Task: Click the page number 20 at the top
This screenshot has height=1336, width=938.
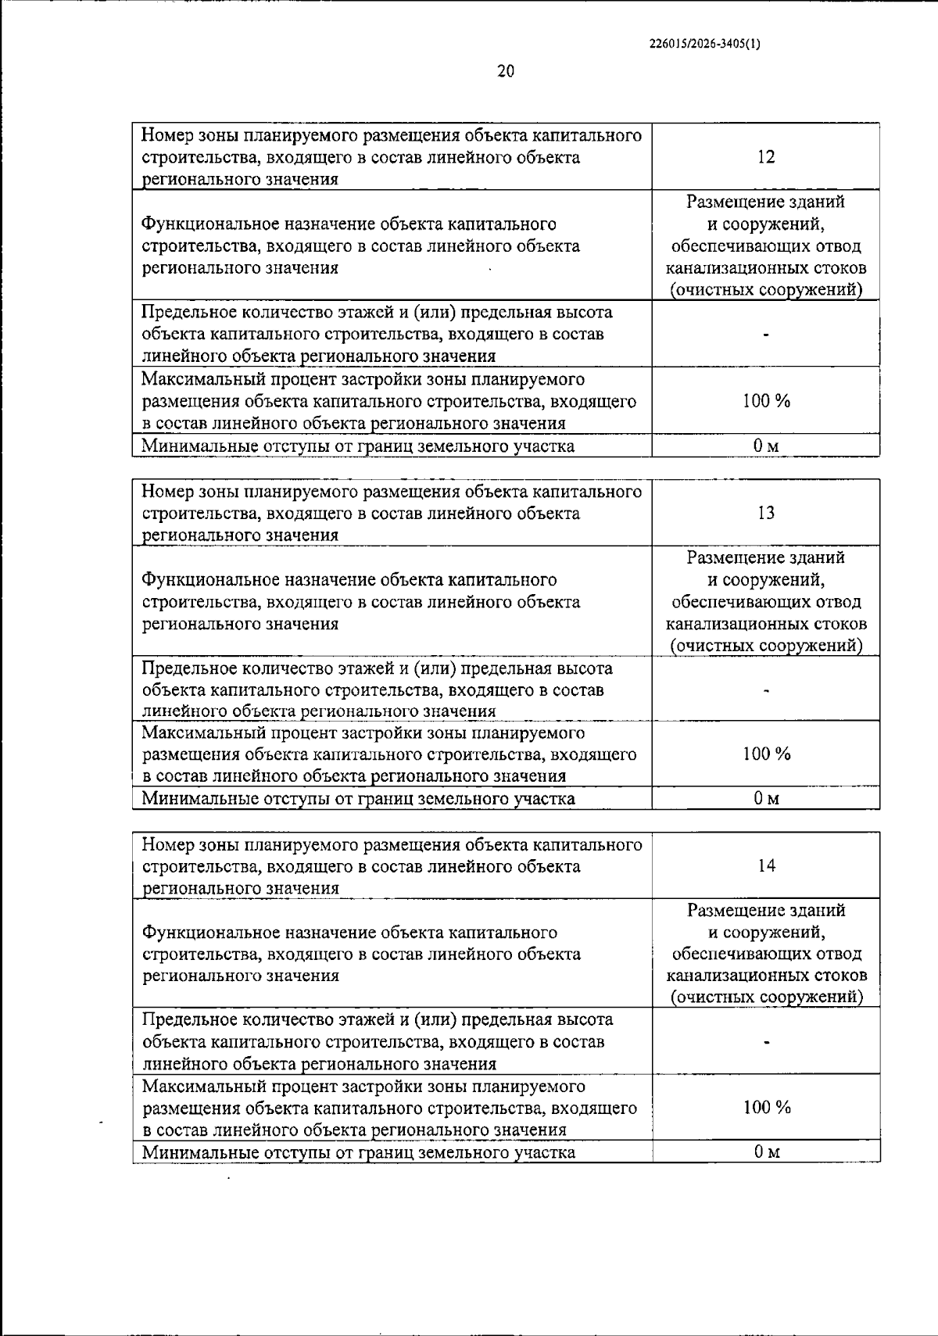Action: point(506,72)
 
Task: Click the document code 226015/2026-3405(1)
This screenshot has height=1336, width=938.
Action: point(704,45)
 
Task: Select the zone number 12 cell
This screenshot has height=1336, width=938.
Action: point(766,157)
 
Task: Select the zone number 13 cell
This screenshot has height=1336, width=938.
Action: point(766,513)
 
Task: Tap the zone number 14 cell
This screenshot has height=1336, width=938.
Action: point(767,865)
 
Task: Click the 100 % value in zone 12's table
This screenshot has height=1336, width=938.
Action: point(766,401)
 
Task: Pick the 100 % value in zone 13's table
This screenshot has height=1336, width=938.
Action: point(766,754)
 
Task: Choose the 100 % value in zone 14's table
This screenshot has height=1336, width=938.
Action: point(767,1107)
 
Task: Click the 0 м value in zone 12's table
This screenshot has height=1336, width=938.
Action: point(766,446)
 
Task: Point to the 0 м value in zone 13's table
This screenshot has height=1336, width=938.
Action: point(766,798)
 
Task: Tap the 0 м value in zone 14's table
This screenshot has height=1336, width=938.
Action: point(767,1152)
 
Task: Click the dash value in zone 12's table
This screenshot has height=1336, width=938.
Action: point(766,335)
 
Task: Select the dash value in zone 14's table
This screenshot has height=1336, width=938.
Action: point(767,1042)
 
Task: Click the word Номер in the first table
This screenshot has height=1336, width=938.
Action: point(166,136)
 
